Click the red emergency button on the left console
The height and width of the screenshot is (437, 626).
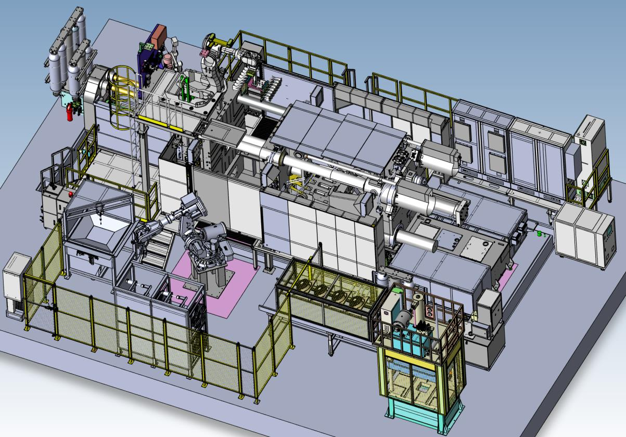(x=71, y=194)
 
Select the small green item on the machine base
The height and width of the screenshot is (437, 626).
(x=540, y=234)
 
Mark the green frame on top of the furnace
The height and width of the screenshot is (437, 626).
(x=183, y=88)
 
